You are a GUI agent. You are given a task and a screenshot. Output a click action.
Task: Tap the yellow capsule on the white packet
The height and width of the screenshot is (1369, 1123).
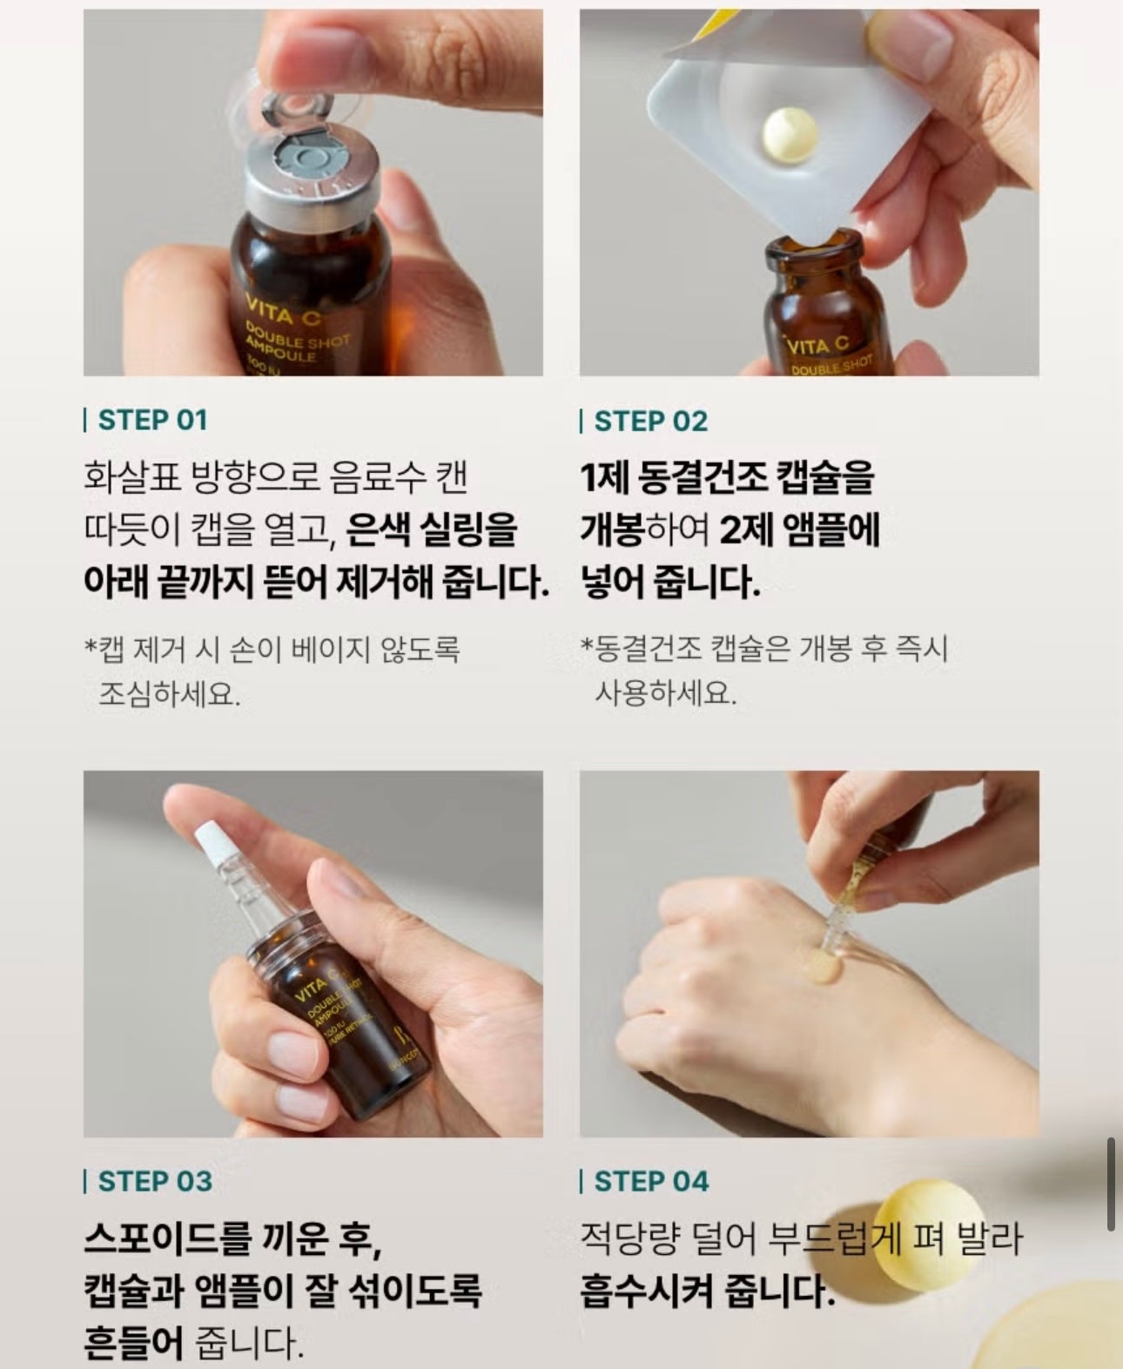coord(790,133)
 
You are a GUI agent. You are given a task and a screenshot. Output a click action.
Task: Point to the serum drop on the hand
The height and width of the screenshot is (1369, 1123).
coord(823,965)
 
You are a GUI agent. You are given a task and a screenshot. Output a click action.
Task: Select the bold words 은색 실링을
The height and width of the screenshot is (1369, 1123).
coord(432,529)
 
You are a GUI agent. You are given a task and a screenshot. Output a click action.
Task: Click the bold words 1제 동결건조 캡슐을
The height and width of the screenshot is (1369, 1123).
coord(727,477)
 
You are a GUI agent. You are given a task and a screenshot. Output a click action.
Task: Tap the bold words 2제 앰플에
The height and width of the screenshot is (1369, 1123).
coord(800,529)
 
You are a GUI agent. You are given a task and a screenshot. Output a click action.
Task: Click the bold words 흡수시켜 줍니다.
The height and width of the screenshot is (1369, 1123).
coord(707,1291)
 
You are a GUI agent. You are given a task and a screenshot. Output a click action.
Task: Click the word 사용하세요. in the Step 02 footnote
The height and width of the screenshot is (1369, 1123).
coord(665,692)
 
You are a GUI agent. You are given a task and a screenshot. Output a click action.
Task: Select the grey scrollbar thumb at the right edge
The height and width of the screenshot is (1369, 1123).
coord(1111,1184)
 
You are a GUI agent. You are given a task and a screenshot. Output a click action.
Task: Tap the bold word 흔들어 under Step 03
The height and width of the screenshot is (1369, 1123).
coord(133,1343)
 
